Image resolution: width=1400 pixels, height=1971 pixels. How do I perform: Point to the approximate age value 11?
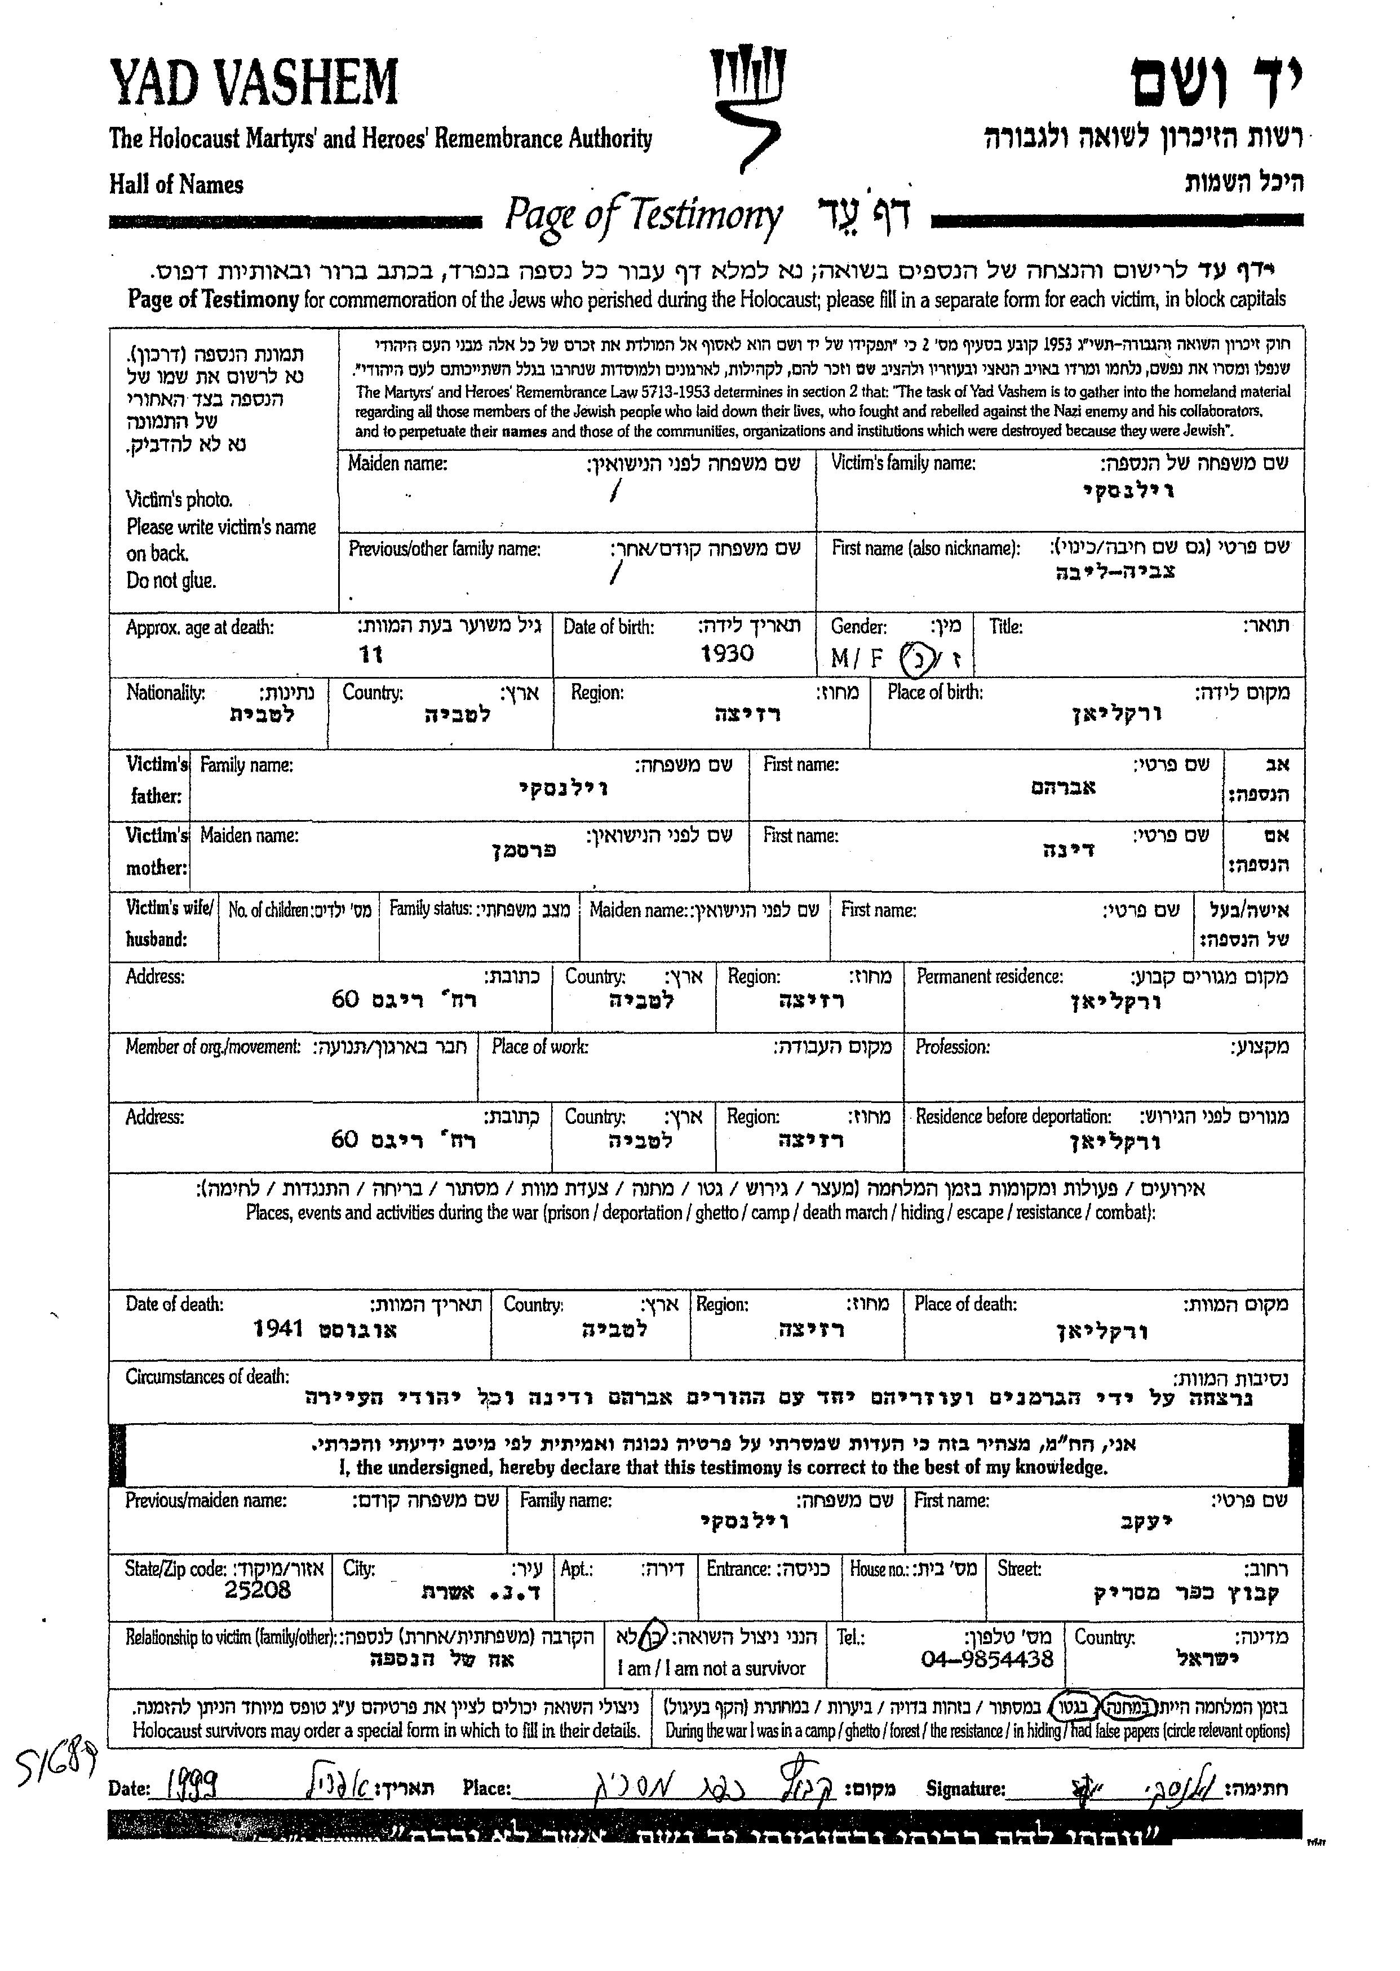[371, 655]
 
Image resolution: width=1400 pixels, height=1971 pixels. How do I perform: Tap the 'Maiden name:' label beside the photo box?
[397, 464]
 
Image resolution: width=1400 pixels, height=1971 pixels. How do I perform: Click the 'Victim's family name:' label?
[902, 464]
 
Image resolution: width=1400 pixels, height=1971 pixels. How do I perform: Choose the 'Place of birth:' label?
[936, 692]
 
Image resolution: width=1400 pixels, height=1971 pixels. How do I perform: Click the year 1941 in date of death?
[278, 1328]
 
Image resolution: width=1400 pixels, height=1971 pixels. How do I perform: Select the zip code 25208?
[257, 1590]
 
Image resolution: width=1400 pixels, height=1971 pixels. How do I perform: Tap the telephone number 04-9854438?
[987, 1659]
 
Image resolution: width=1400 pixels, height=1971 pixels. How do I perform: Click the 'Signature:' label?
[965, 1788]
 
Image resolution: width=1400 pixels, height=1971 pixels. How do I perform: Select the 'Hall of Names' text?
[176, 184]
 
